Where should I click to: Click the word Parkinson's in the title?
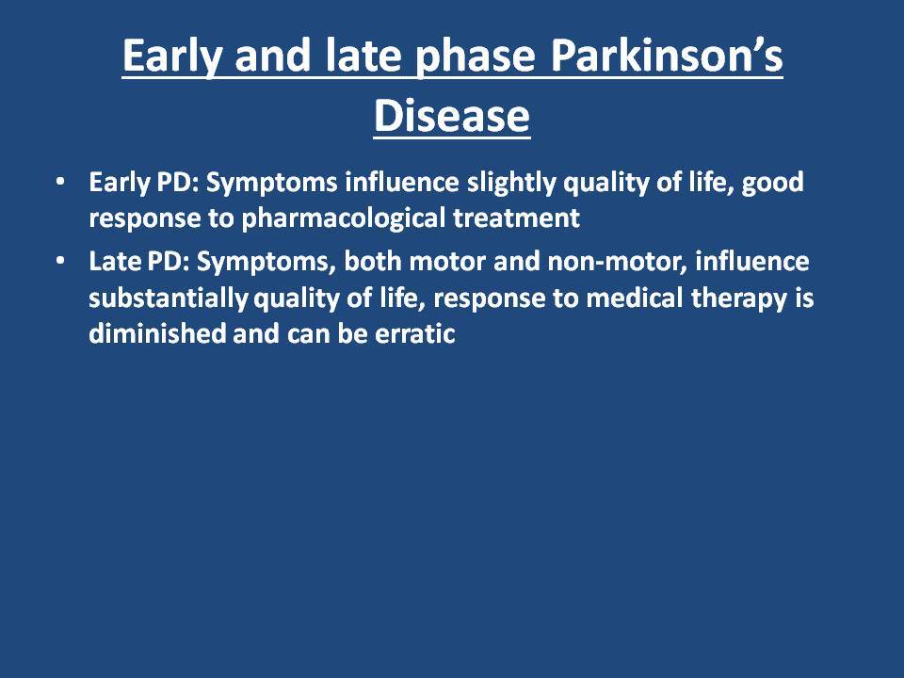(x=667, y=56)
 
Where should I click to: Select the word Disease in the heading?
(x=452, y=116)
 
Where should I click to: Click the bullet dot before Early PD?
(x=60, y=182)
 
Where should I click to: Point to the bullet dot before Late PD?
(x=60, y=261)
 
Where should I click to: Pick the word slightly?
(x=511, y=184)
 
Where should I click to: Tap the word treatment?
(x=517, y=218)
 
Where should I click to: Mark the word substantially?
(x=169, y=299)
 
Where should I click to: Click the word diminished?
(x=157, y=333)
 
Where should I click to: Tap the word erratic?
(x=415, y=333)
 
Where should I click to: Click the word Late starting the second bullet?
(x=115, y=262)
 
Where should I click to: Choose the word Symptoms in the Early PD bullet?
(x=271, y=184)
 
